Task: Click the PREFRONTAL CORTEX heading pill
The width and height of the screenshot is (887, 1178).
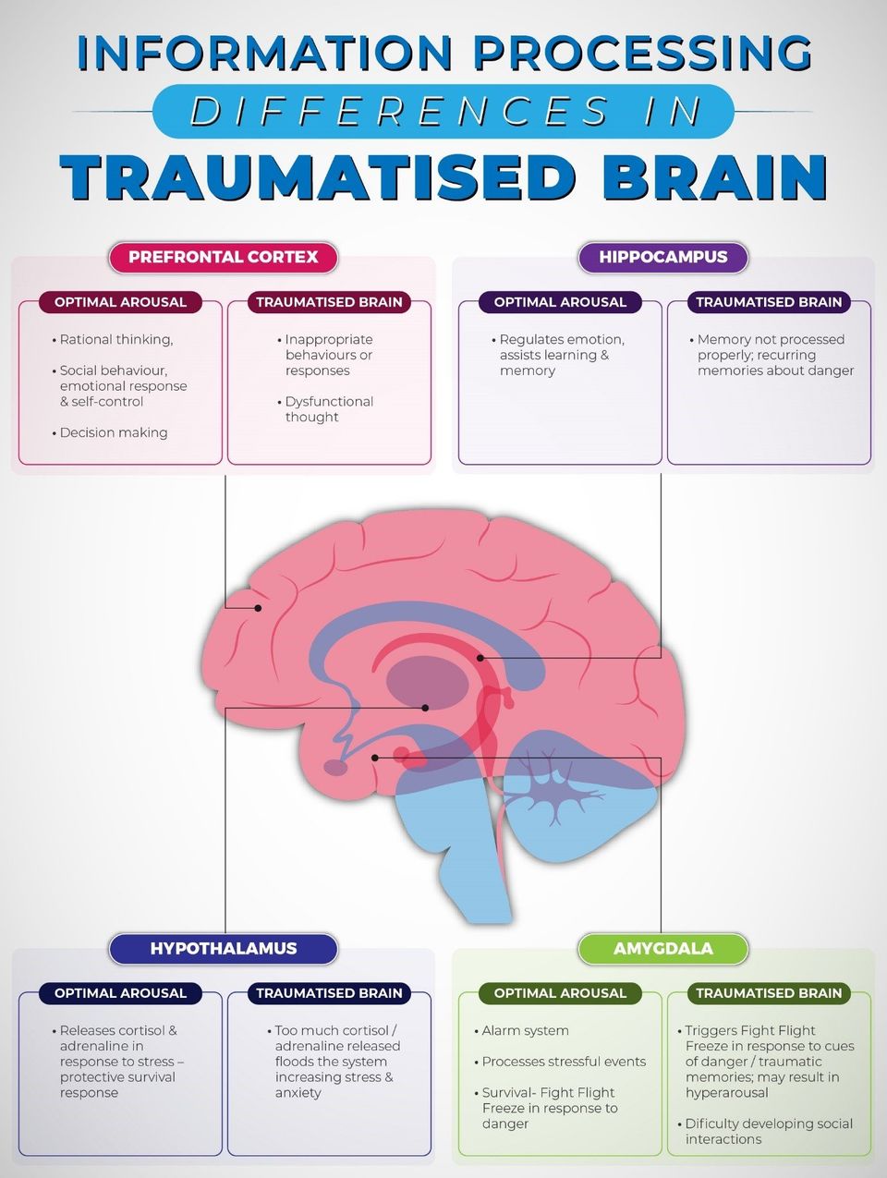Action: click(224, 257)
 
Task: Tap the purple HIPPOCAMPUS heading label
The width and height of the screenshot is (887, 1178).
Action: click(662, 257)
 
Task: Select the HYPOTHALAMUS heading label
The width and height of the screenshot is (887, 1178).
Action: click(224, 948)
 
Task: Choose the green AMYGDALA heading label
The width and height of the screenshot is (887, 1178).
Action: click(662, 948)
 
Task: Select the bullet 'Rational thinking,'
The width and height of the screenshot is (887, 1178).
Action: click(113, 340)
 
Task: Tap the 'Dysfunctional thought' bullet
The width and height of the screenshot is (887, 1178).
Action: click(325, 409)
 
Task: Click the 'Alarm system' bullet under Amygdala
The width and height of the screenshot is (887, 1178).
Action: click(521, 1030)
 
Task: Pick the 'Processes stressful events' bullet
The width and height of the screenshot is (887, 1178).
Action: click(560, 1062)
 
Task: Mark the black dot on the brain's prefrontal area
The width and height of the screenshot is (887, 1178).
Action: click(258, 608)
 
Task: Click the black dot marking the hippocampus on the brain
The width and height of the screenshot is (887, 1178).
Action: click(480, 658)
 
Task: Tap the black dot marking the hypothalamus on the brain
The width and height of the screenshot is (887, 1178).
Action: click(425, 708)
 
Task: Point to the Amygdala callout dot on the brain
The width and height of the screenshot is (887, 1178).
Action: click(375, 758)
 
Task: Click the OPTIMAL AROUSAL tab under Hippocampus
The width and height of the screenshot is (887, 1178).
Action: click(560, 302)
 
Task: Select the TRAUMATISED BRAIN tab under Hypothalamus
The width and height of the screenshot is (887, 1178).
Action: click(329, 993)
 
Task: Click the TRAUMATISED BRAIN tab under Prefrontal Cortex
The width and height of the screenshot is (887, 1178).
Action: click(329, 302)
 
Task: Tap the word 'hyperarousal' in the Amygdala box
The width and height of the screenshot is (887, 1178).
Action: click(726, 1093)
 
